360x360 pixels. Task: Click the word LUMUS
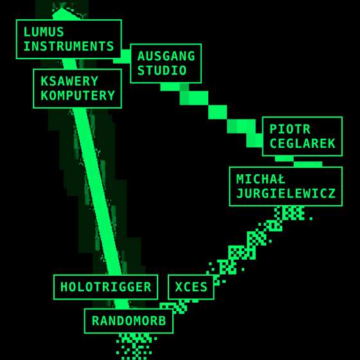tap(44, 32)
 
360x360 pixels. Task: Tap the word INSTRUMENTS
tap(69, 46)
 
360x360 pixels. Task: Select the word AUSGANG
tap(166, 57)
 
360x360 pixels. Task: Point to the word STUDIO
tap(162, 71)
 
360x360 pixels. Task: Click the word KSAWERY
tap(69, 81)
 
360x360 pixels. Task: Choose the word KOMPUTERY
tap(78, 96)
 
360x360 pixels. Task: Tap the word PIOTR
tap(290, 129)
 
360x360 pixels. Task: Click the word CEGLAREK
tap(302, 143)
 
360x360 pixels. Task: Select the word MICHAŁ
tap(261, 179)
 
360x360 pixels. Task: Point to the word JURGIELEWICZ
tap(286, 194)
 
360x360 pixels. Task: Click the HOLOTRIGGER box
tap(105, 287)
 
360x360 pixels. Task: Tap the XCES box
tap(191, 287)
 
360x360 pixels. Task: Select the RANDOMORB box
tap(129, 321)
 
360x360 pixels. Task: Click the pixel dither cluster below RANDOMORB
tap(136, 346)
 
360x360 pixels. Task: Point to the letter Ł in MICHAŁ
tap(281, 179)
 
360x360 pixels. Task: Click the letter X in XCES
tap(179, 287)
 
